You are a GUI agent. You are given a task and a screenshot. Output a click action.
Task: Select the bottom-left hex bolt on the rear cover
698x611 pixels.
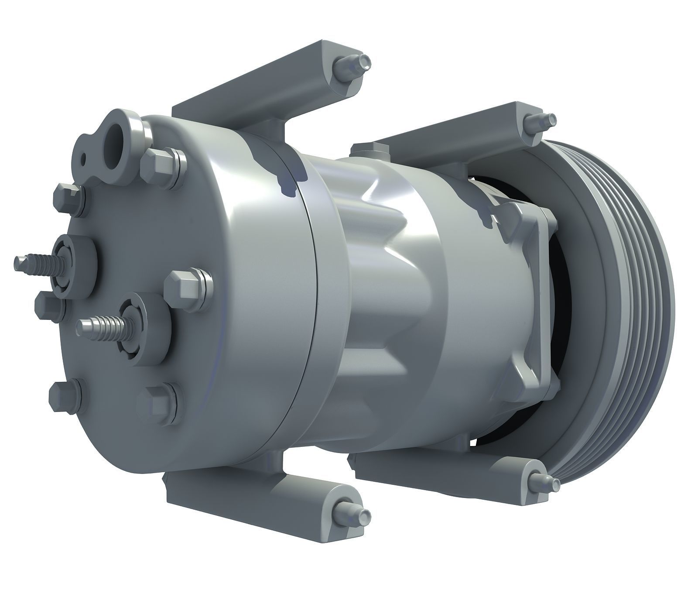65,396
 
